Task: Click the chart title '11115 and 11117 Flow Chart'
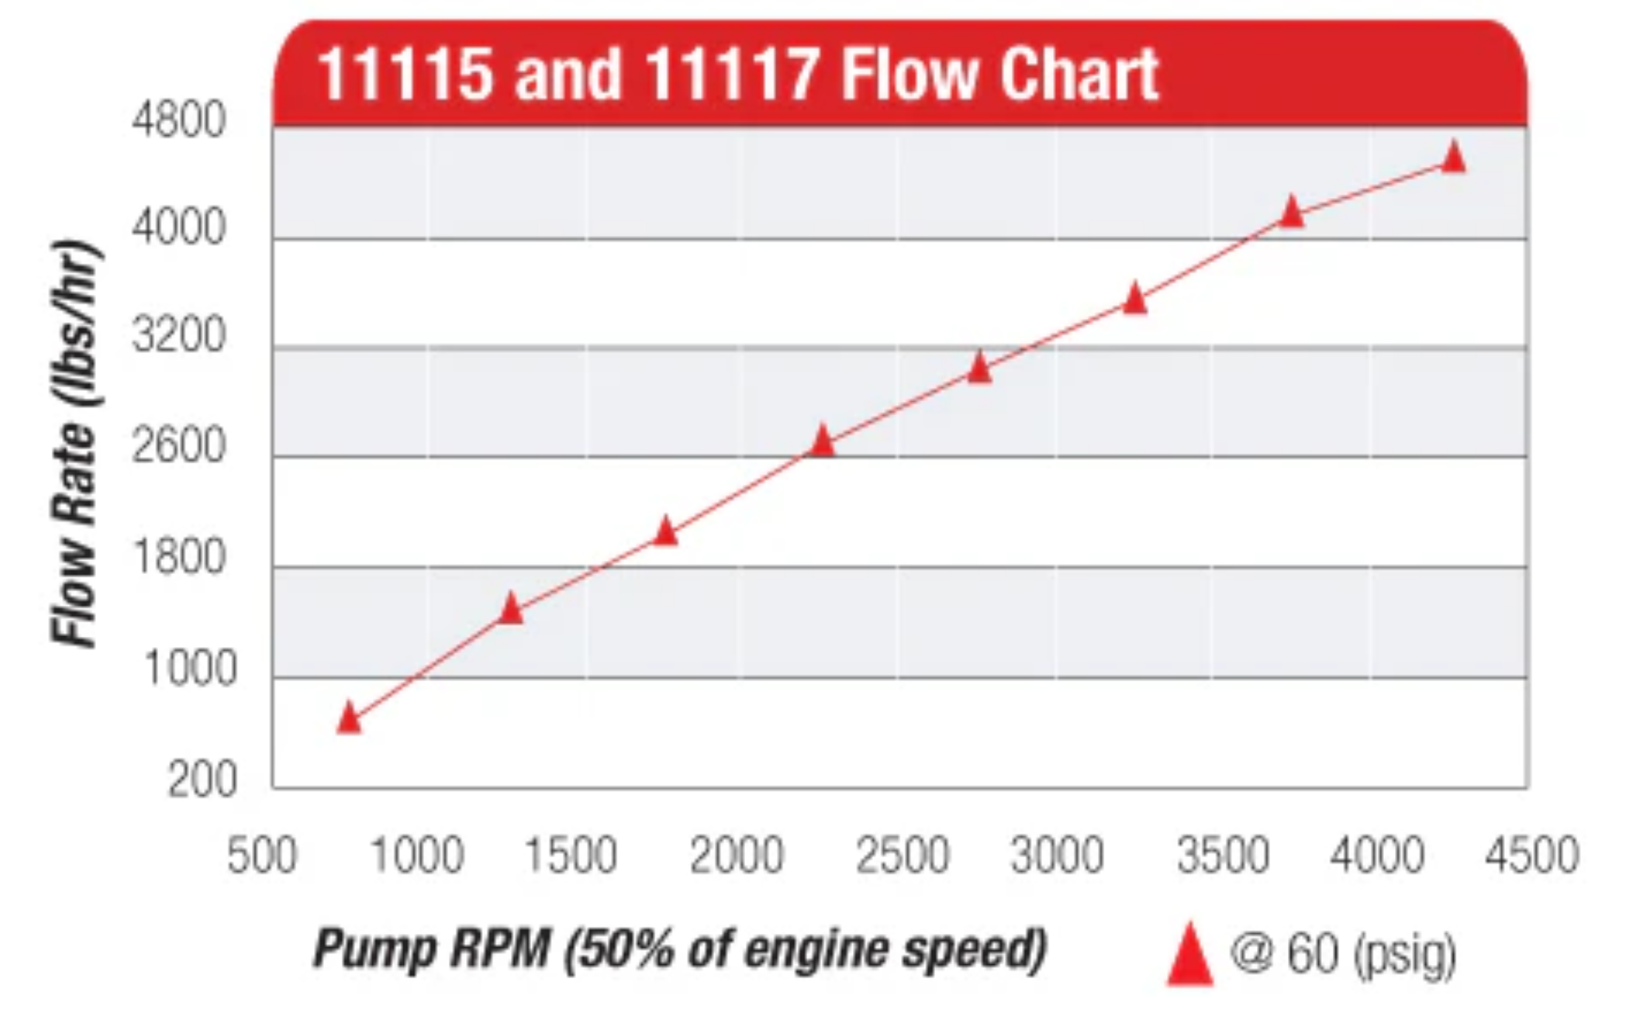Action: (x=738, y=74)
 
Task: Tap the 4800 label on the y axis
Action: (x=179, y=120)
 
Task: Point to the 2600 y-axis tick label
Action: (x=179, y=446)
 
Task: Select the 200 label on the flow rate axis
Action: (x=202, y=779)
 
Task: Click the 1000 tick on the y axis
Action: (x=190, y=669)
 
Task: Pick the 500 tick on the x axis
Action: (x=261, y=856)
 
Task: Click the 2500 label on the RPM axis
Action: (x=902, y=856)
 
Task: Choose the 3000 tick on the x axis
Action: (x=1057, y=856)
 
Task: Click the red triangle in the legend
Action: (x=1190, y=956)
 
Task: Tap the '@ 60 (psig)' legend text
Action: (x=1343, y=953)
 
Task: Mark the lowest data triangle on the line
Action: (x=349, y=718)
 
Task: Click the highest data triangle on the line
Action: (x=1453, y=157)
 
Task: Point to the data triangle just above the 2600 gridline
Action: (x=822, y=442)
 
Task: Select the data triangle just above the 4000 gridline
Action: (x=1292, y=212)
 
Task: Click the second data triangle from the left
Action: (x=510, y=609)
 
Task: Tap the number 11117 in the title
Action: (x=731, y=74)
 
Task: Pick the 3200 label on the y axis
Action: (x=179, y=336)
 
